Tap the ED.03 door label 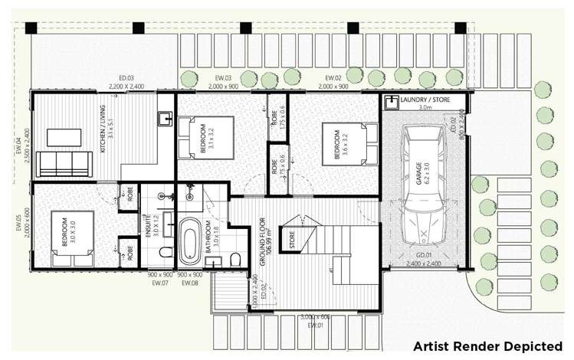(x=126, y=78)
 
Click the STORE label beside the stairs (x=292, y=241)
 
